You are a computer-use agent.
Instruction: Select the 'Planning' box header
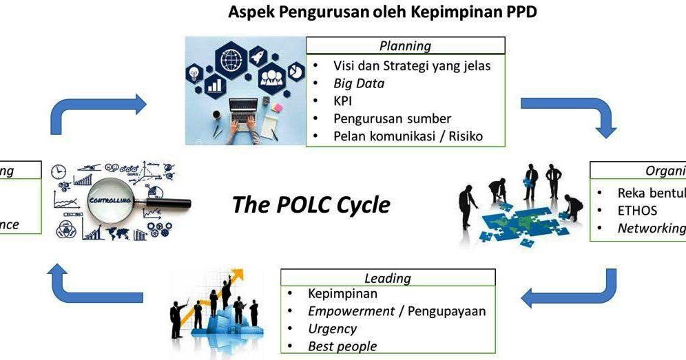tap(405, 46)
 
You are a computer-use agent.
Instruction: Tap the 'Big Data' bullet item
tap(359, 83)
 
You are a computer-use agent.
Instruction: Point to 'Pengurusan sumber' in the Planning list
tap(392, 118)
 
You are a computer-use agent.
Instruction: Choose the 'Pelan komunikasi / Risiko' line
tap(408, 136)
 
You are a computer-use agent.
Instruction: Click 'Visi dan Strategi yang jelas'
tap(412, 66)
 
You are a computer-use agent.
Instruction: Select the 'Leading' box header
tap(387, 278)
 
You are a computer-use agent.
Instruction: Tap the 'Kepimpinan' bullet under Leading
tap(342, 294)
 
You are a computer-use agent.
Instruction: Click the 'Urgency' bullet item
tap(332, 329)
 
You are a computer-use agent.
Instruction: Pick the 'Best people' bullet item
tap(342, 346)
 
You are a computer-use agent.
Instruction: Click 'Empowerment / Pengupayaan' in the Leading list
tap(396, 311)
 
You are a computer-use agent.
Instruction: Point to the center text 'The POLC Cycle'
tap(311, 204)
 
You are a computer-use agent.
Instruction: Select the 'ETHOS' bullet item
tap(637, 211)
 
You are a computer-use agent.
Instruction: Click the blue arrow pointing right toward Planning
tap(96, 110)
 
